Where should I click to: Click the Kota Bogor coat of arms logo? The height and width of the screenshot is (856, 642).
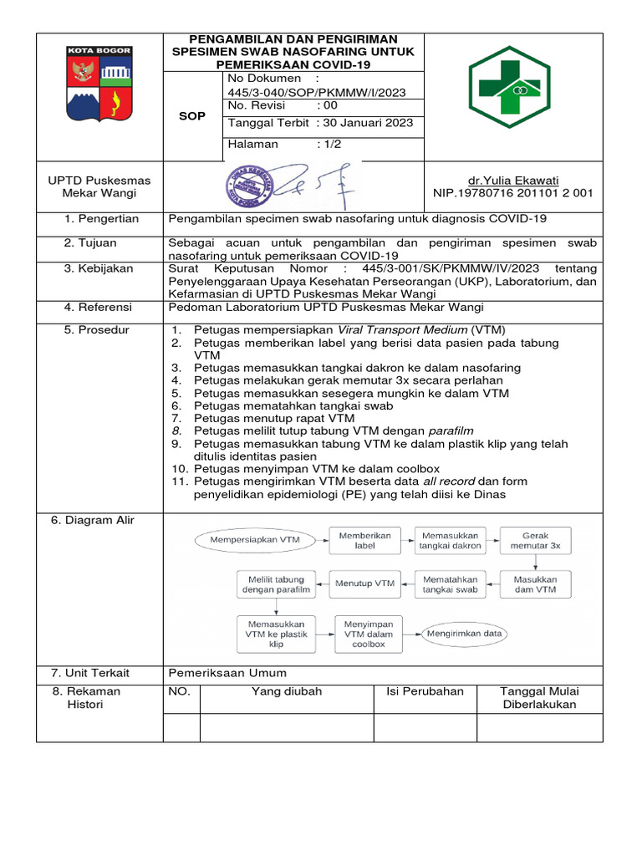[99, 84]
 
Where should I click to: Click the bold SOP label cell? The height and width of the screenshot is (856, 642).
[192, 116]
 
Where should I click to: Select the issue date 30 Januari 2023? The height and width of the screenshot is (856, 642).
[365, 123]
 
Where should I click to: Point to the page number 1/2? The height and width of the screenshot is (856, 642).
[329, 145]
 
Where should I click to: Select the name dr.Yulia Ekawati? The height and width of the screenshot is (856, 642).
[512, 181]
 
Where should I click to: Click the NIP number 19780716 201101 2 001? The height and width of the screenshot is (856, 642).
[512, 193]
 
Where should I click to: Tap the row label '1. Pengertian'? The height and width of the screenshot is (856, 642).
[101, 219]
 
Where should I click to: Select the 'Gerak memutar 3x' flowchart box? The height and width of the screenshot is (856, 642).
[535, 540]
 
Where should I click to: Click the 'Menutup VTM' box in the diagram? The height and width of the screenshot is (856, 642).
[365, 583]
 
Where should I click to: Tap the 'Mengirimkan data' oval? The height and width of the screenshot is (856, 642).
[464, 634]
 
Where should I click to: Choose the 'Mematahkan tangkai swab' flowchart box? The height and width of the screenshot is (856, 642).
[450, 583]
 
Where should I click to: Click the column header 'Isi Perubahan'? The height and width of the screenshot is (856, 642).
[425, 692]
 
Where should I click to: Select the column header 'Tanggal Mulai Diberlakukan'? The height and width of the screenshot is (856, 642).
[539, 698]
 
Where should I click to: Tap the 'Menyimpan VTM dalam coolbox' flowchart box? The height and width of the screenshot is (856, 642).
[368, 634]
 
